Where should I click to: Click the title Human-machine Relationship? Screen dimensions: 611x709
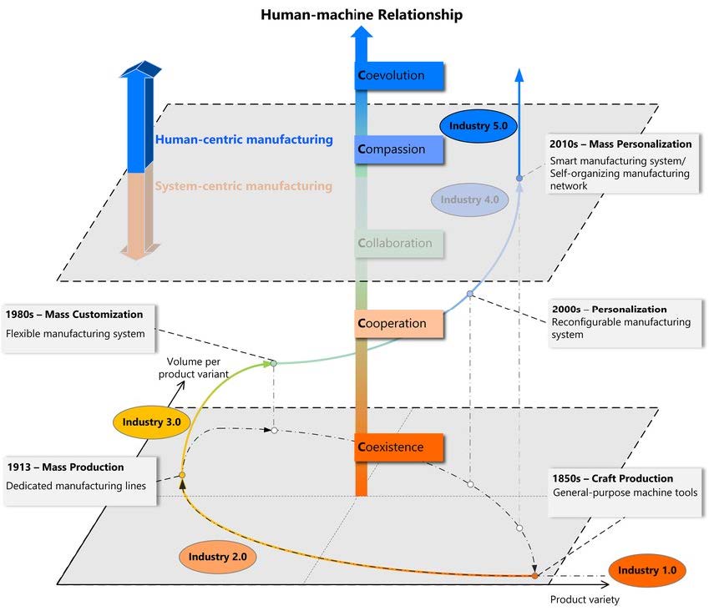tap(361, 14)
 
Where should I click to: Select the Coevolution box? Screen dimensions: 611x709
tap(399, 75)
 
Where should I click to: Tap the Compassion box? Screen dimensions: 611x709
tap(399, 150)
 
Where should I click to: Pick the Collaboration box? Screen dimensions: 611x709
tap(399, 244)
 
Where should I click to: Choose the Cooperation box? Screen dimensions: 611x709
tap(399, 323)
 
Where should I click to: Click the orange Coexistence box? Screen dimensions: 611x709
tap(399, 447)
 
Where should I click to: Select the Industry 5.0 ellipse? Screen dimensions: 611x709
tap(479, 125)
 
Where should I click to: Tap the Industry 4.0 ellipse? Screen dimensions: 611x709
tap(469, 199)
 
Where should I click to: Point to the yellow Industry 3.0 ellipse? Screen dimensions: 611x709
tap(151, 422)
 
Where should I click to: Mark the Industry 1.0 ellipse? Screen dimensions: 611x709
tap(647, 570)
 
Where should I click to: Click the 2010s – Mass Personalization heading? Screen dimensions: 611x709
tap(620, 144)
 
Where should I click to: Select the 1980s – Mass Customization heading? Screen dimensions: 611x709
tap(74, 315)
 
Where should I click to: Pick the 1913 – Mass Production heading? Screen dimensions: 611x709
tap(65, 467)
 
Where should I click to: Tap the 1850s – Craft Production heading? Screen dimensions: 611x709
tap(612, 478)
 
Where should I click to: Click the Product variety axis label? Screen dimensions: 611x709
tap(585, 598)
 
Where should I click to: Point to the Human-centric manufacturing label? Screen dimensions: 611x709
tap(244, 139)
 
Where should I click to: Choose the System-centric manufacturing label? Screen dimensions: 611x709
tap(243, 186)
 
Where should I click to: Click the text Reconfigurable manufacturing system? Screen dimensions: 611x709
tap(620, 328)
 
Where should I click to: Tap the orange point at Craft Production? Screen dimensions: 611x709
tap(535, 576)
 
